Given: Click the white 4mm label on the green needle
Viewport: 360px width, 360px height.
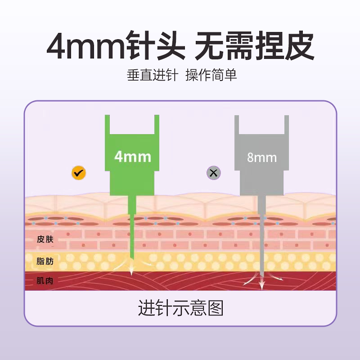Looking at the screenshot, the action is pyautogui.click(x=133, y=157).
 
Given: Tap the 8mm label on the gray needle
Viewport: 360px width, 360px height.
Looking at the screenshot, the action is pyautogui.click(x=262, y=157).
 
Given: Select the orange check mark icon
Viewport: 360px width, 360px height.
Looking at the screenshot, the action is pyautogui.click(x=78, y=173).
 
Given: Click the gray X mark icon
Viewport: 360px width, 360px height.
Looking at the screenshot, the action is pyautogui.click(x=213, y=173).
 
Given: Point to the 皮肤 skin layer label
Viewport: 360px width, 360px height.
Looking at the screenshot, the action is pyautogui.click(x=45, y=239).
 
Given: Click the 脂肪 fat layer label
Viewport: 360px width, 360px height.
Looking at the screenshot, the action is pyautogui.click(x=45, y=261).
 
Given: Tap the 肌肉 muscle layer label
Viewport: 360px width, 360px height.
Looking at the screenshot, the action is pyautogui.click(x=45, y=280).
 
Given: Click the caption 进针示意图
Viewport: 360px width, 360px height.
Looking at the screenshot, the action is pyautogui.click(x=180, y=308).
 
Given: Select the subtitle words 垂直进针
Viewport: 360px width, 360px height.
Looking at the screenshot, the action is pyautogui.click(x=153, y=75).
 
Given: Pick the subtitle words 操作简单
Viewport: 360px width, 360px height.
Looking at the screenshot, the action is pyautogui.click(x=211, y=75).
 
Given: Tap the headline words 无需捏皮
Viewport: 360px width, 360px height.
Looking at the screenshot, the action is pyautogui.click(x=254, y=45).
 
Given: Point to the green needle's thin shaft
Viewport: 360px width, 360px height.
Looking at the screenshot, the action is pyautogui.click(x=132, y=227).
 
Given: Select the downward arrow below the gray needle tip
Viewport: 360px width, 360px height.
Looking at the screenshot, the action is pyautogui.click(x=262, y=282).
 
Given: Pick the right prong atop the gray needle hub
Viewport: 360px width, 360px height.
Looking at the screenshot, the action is pyautogui.click(x=287, y=125).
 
